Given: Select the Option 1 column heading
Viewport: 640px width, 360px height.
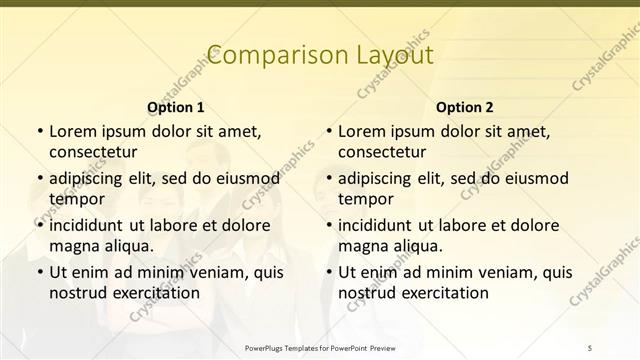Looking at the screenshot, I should click(x=176, y=106).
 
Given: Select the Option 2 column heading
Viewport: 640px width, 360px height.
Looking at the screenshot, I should click(x=465, y=106).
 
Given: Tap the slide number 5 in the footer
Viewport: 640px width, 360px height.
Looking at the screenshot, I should click(x=590, y=346).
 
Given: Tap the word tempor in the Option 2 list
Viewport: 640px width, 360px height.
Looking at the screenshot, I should click(x=366, y=199).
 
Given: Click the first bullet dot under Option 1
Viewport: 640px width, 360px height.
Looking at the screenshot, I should click(x=39, y=131).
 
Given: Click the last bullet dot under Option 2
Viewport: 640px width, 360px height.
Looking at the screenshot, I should click(x=329, y=272).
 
